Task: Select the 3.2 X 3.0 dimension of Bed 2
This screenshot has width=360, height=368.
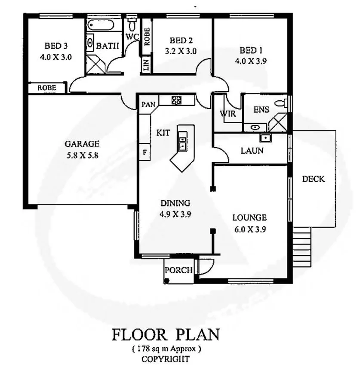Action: (x=181, y=51)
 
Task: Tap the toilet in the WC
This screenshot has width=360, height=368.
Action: (x=133, y=22)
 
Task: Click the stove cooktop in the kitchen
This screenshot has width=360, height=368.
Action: (x=176, y=100)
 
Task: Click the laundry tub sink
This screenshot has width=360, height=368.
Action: (x=265, y=138)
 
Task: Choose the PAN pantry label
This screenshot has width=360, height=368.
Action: (x=148, y=105)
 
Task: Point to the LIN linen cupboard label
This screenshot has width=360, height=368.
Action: (x=146, y=66)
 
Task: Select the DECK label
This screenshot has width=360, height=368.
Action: (x=314, y=179)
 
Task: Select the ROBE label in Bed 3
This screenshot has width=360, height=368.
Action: (x=47, y=87)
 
